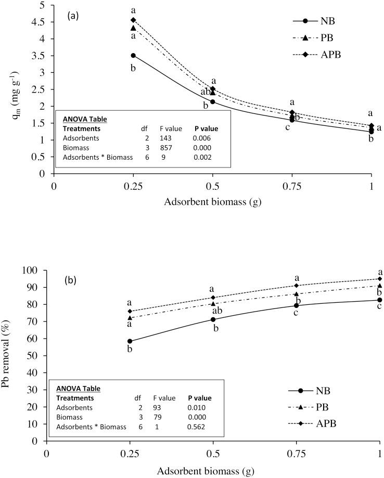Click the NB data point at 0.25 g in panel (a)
point(133,55)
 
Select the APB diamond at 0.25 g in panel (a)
point(133,20)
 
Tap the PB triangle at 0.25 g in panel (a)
point(133,28)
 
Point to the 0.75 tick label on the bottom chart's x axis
point(297,452)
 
